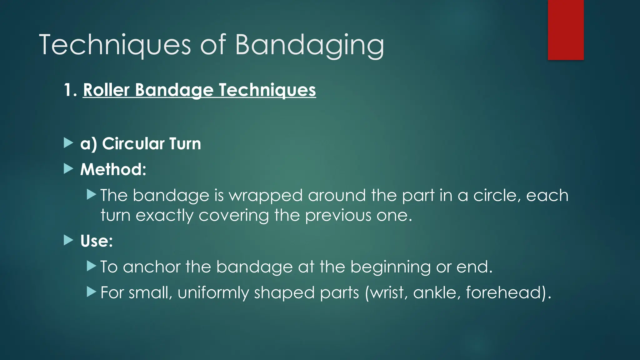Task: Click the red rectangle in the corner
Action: click(x=566, y=30)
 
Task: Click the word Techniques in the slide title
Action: click(x=115, y=45)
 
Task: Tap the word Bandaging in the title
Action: click(x=309, y=45)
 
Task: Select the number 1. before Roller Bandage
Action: click(x=70, y=90)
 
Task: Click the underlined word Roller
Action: click(x=106, y=90)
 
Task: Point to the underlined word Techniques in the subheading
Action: click(x=267, y=90)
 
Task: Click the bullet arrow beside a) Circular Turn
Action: click(x=68, y=143)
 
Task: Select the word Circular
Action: click(x=133, y=144)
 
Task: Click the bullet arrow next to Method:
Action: click(x=68, y=169)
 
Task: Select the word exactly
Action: click(x=165, y=216)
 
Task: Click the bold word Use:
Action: click(x=96, y=241)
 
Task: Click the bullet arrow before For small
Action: click(x=91, y=292)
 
